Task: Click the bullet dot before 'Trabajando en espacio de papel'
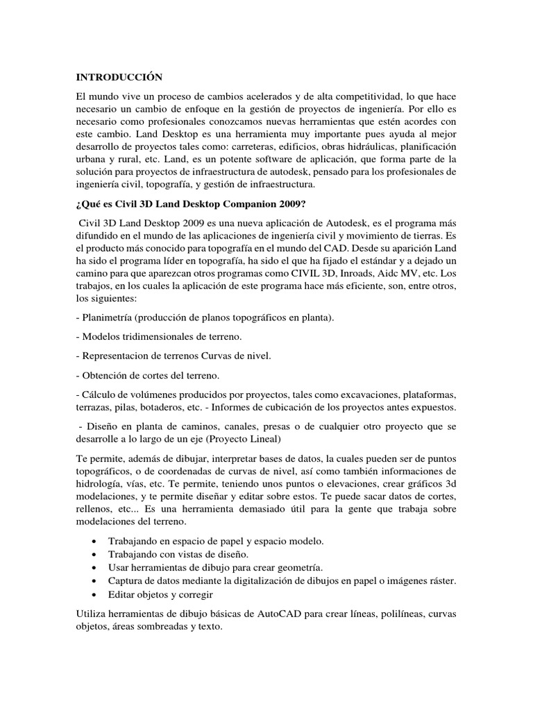click(94, 541)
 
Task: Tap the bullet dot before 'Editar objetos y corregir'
click(94, 595)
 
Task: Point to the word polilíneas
click(397, 614)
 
